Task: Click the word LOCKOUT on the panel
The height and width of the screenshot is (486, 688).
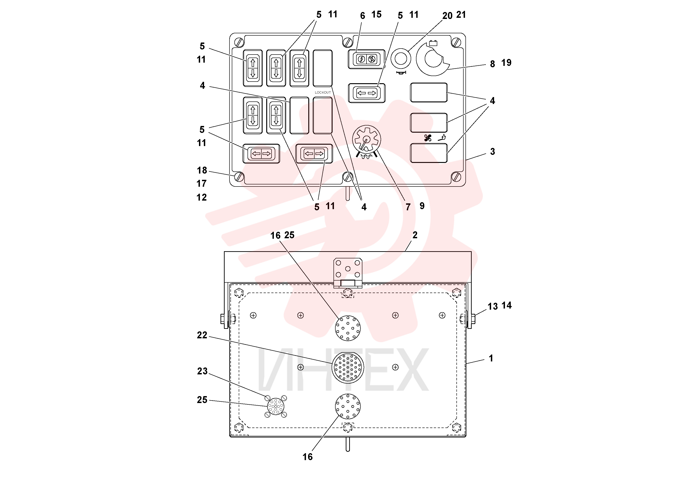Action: pyautogui.click(x=323, y=92)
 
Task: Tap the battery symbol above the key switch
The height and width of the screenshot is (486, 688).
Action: pyautogui.click(x=433, y=43)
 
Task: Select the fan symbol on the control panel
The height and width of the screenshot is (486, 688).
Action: pyautogui.click(x=428, y=138)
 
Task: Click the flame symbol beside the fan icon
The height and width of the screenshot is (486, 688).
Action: pyautogui.click(x=442, y=138)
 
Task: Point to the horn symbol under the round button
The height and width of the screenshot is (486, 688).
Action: pyautogui.click(x=401, y=73)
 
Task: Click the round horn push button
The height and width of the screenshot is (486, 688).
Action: pyautogui.click(x=401, y=58)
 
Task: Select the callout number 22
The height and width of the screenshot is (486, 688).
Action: pyautogui.click(x=202, y=335)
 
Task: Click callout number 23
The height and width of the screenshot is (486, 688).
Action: pyautogui.click(x=202, y=371)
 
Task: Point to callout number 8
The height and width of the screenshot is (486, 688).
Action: pyautogui.click(x=492, y=64)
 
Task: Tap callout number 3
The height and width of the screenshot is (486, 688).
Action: pyautogui.click(x=492, y=152)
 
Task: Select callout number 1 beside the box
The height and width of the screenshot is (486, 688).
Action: pyautogui.click(x=491, y=358)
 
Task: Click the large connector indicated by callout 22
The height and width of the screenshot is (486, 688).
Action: pyautogui.click(x=348, y=367)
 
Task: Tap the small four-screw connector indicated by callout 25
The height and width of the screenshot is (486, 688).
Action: pyautogui.click(x=276, y=406)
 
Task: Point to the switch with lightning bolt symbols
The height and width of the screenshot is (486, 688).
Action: pyautogui.click(x=367, y=59)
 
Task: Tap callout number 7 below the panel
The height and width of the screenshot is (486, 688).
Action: pyautogui.click(x=408, y=207)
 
